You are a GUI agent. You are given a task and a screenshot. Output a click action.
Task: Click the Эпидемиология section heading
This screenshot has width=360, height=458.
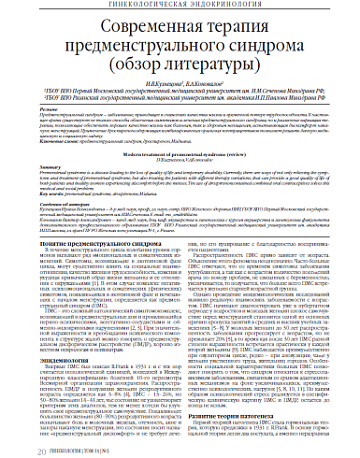pos(50,365)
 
